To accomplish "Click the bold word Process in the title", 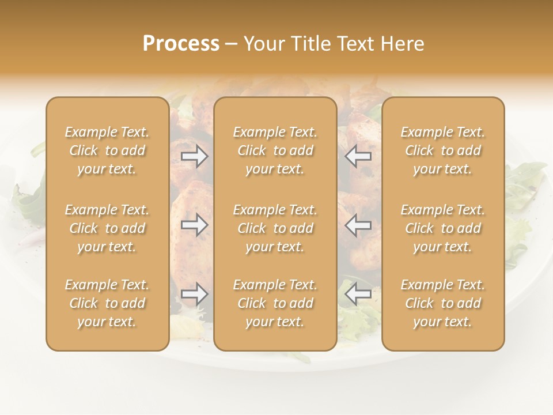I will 181,44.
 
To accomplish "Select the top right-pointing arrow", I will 195,156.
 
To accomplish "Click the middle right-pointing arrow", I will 195,225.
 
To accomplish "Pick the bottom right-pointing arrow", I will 195,295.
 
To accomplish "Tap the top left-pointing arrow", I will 358,156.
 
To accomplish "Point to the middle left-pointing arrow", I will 358,225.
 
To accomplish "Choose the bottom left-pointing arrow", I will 358,295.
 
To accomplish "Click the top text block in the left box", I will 107,150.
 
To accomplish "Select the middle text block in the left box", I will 107,228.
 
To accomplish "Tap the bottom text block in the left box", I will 107,303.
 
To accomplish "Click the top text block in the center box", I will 275,150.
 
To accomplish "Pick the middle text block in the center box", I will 275,228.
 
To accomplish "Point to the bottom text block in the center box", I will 275,303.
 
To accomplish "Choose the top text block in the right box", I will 443,150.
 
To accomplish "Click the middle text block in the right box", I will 443,228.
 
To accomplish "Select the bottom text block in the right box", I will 443,303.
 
